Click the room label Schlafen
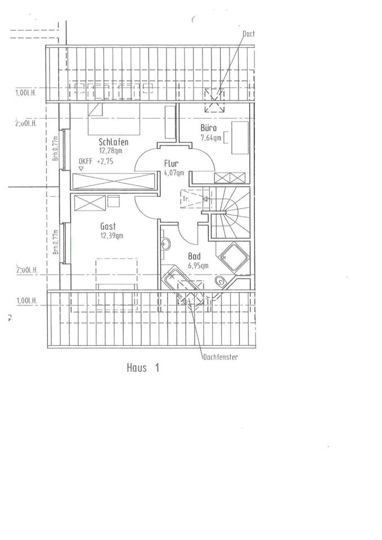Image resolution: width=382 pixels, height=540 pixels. [x=117, y=142]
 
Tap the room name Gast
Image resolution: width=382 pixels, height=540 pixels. [x=108, y=226]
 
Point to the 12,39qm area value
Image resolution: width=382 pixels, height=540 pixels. [x=113, y=235]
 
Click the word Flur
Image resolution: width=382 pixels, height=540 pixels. [x=171, y=164]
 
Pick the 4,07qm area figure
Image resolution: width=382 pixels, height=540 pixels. [x=173, y=173]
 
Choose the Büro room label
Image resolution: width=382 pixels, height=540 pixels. [x=209, y=128]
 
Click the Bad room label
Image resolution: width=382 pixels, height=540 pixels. [x=194, y=256]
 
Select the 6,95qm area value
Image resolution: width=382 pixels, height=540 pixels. [x=198, y=265]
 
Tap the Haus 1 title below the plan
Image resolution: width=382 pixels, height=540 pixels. [x=143, y=368]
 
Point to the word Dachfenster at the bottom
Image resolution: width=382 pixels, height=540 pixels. [x=219, y=357]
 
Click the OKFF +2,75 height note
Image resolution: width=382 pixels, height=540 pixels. [x=100, y=161]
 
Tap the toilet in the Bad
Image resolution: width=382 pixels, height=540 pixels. [x=220, y=282]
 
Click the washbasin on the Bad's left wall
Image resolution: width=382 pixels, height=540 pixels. [x=165, y=245]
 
